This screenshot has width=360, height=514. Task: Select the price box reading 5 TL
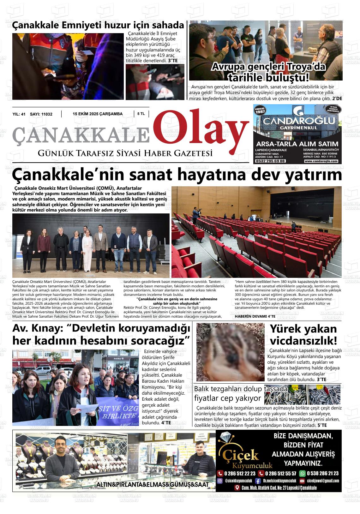click(141, 114)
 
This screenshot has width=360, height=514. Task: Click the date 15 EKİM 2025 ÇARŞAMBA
click(98, 114)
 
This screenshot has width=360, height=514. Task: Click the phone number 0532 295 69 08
click(271, 161)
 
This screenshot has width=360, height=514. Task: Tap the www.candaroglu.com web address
click(321, 161)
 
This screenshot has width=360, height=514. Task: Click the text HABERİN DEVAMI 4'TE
click(251, 316)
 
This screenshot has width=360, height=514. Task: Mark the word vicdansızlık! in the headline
click(303, 341)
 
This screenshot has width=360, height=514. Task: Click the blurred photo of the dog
click(225, 351)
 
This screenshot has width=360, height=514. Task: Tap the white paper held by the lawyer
click(84, 409)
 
